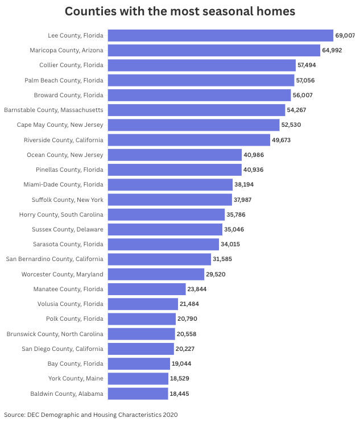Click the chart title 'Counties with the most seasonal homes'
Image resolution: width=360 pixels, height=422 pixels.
180,11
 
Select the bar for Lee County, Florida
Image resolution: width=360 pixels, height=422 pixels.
220,35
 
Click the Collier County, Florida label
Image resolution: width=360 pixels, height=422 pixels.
71,65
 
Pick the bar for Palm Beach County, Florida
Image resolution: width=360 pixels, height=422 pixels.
201,80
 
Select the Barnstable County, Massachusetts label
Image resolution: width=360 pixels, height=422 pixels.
54,110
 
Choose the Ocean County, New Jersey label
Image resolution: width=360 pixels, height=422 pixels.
65,155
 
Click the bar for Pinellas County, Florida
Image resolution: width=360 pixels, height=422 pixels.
175,169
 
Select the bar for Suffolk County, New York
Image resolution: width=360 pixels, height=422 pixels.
169,200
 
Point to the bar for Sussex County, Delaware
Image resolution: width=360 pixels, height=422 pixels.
165,229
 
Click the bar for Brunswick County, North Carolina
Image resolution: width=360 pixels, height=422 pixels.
141,334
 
